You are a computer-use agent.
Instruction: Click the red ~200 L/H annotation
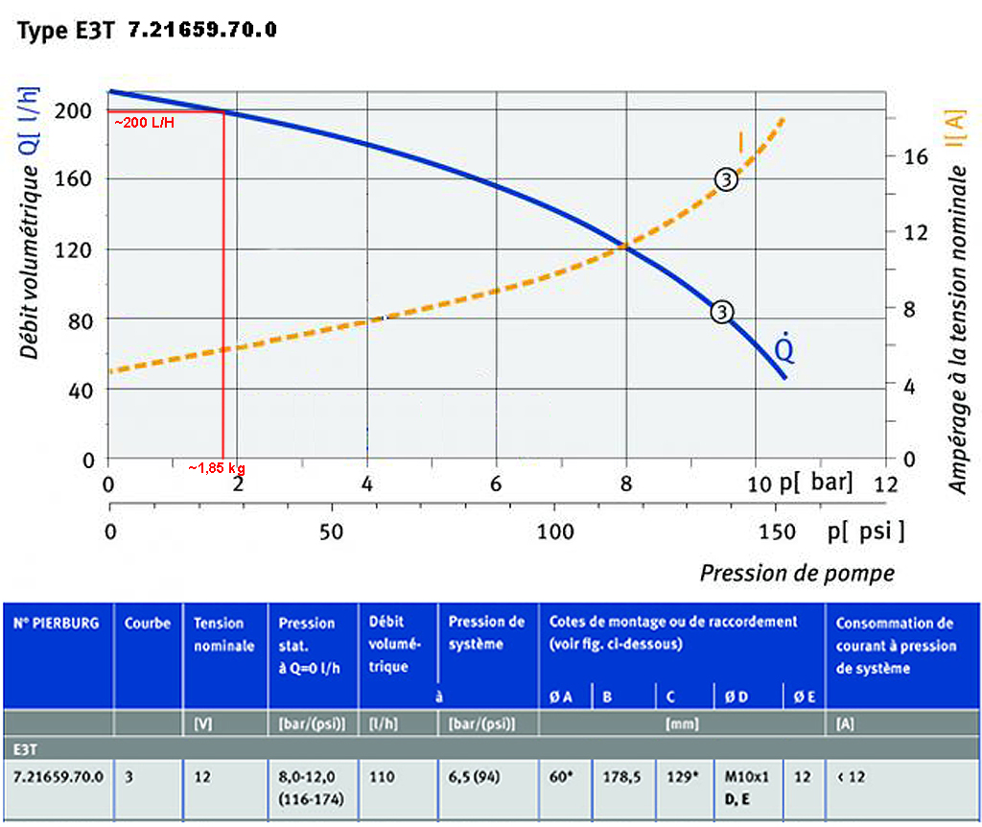click(x=145, y=124)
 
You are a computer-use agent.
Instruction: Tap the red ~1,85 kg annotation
click(x=217, y=468)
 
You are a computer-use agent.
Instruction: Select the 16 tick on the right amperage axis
click(x=917, y=156)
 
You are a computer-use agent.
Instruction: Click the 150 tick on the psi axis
click(x=778, y=531)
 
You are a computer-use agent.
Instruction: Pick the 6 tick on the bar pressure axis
click(x=496, y=484)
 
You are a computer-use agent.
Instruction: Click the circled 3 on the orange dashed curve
click(x=726, y=179)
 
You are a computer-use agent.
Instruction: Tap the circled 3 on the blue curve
click(x=722, y=312)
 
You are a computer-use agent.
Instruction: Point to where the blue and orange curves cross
click(x=626, y=247)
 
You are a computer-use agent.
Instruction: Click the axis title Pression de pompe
click(x=796, y=574)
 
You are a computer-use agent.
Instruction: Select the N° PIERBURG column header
click(x=56, y=624)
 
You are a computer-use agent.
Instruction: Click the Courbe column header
click(x=147, y=624)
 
